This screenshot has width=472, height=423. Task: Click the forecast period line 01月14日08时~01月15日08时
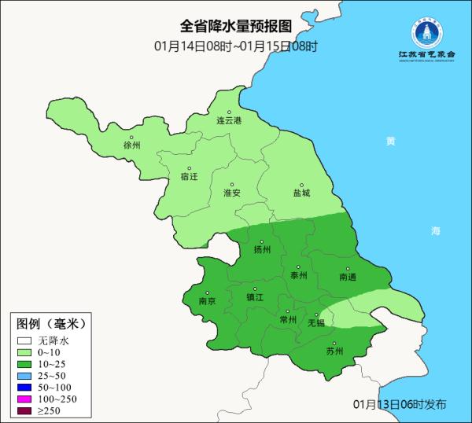pyautogui.click(x=236, y=46)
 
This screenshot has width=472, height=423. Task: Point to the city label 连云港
pyautogui.click(x=230, y=121)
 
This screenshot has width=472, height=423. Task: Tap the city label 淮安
pyautogui.click(x=231, y=193)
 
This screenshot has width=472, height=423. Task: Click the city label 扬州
pyautogui.click(x=262, y=250)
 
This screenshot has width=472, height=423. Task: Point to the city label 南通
pyautogui.click(x=347, y=278)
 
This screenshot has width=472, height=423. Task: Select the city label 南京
pyautogui.click(x=207, y=300)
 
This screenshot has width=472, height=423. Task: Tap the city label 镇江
pyautogui.click(x=255, y=298)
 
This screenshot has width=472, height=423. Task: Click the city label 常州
pyautogui.click(x=288, y=320)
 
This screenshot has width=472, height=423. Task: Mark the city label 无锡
pyautogui.click(x=315, y=322)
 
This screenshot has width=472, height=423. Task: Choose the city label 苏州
pyautogui.click(x=334, y=351)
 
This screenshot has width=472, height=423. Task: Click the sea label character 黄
pyautogui.click(x=390, y=142)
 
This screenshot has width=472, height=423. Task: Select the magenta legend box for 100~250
pyautogui.click(x=25, y=399)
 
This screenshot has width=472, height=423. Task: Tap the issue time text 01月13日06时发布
pyautogui.click(x=399, y=404)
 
